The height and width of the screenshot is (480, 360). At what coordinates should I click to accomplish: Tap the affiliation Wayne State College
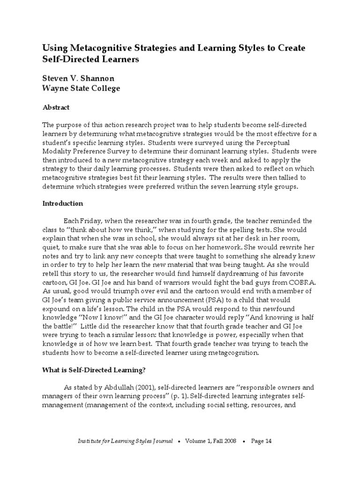(81, 88)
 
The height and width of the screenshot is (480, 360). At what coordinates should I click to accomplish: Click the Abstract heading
(56, 107)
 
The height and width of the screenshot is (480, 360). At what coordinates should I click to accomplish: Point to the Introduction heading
(62, 203)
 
